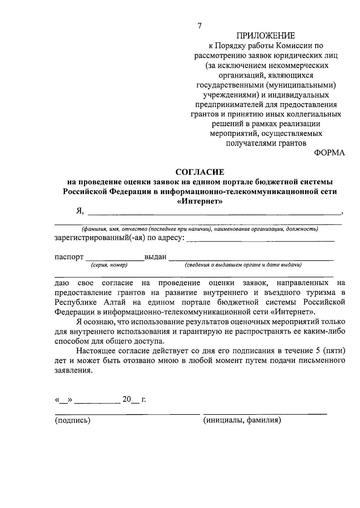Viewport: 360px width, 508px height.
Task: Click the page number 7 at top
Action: (x=200, y=26)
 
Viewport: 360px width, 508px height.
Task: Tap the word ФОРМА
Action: (x=329, y=153)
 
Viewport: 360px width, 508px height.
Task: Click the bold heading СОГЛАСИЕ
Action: (x=199, y=172)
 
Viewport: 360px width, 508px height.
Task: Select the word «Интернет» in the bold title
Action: (x=200, y=201)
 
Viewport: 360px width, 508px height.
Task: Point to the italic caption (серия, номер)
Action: (x=109, y=265)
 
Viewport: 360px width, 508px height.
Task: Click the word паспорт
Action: (x=69, y=257)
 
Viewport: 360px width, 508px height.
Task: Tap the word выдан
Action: (x=155, y=257)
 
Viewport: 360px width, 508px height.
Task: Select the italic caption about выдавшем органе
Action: (x=243, y=265)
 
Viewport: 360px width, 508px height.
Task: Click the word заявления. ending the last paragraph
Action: (x=72, y=370)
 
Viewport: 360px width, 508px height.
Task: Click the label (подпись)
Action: (x=72, y=420)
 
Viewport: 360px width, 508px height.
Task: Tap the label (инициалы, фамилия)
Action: (x=242, y=420)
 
